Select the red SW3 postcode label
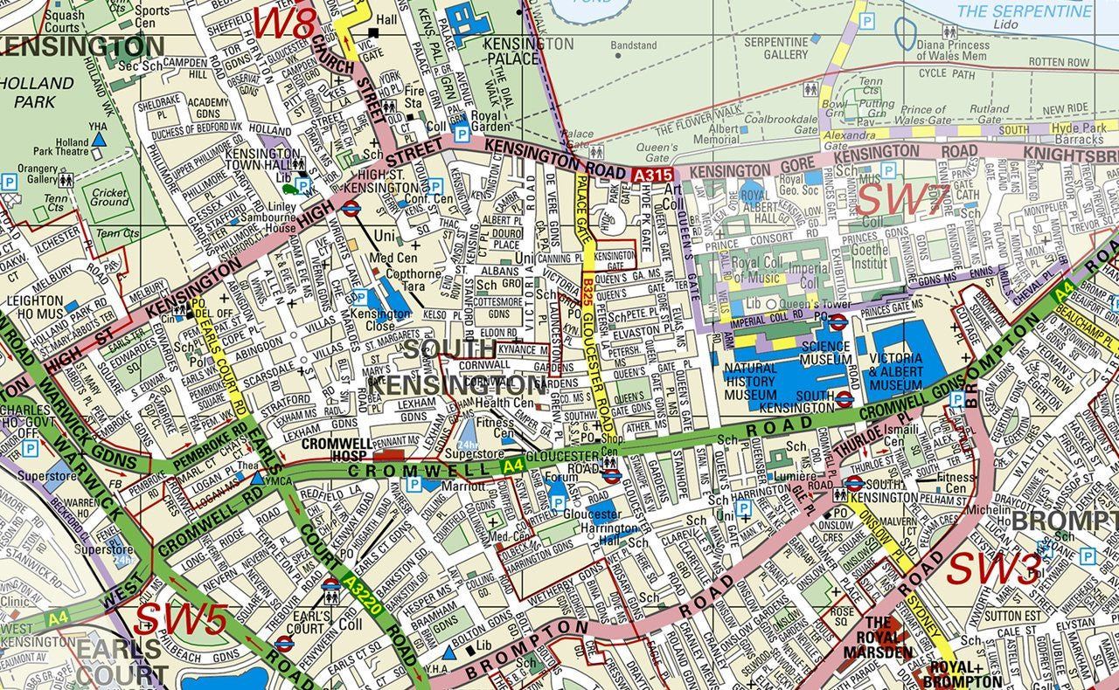(993, 569)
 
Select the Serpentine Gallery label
(775, 48)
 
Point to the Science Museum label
(825, 352)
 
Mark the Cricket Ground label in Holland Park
(109, 196)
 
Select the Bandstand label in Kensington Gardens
(633, 45)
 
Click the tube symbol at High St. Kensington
(351, 208)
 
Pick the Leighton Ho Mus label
(33, 307)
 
